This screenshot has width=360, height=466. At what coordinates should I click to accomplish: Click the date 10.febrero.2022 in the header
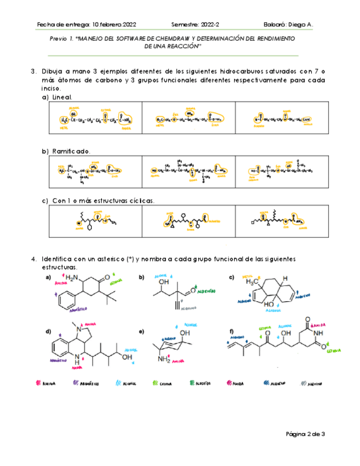(x=114, y=25)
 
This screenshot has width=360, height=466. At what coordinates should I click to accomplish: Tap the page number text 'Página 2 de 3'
(x=306, y=434)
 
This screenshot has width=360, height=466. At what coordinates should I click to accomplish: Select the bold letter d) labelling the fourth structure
(x=48, y=332)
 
